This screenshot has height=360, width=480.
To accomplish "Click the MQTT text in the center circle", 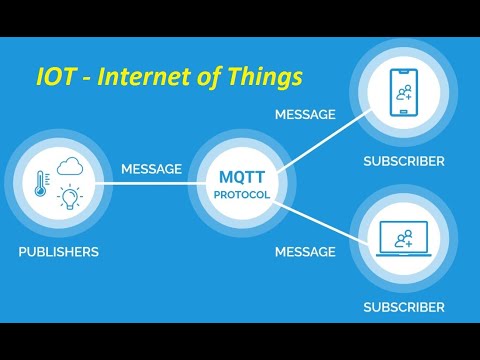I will tap(240, 178).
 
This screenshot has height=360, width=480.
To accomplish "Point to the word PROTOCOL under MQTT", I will tap(240, 194).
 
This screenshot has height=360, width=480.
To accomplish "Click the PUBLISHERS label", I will tap(58, 252).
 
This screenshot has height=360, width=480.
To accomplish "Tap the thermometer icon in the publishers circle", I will tap(42, 184).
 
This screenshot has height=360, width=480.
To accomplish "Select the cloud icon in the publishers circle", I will tap(70, 167).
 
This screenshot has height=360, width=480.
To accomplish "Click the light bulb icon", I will tap(70, 196).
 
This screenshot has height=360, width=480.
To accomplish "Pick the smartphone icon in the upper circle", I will tap(404, 93).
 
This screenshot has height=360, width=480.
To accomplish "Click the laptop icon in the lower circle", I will tap(404, 238).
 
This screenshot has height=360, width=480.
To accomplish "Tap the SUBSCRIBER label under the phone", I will tap(404, 160).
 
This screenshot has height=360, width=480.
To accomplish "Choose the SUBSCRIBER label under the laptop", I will tap(404, 306).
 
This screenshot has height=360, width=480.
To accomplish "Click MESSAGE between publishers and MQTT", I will tap(151, 169).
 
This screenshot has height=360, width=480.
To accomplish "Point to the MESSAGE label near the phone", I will tap(305, 114).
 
